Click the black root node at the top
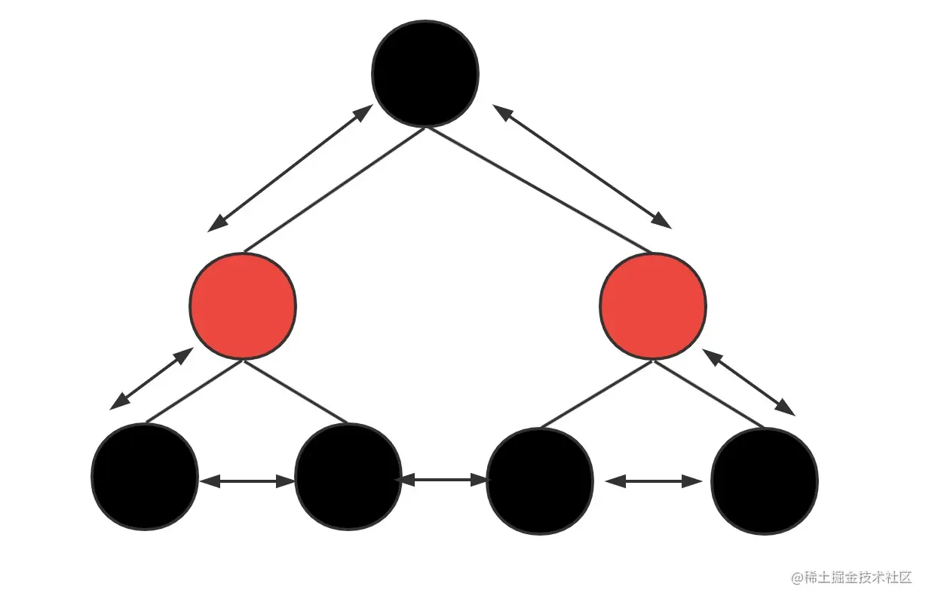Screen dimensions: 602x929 tap(425, 73)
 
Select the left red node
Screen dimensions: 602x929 tap(242, 306)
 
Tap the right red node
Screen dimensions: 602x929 tap(653, 306)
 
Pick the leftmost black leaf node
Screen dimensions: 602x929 tap(144, 477)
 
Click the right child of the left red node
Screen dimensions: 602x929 tap(348, 477)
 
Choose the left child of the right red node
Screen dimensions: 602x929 tap(540, 481)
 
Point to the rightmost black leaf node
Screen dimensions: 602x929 tap(765, 481)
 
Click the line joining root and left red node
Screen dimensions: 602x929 tap(334, 189)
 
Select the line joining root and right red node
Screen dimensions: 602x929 tap(538, 189)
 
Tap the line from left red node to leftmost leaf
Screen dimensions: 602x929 tap(194, 392)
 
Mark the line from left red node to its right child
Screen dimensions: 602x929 tap(295, 392)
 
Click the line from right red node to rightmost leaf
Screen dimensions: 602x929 tap(709, 394)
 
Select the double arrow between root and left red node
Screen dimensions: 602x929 tap(290, 167)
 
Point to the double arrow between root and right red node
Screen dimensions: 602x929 tap(581, 166)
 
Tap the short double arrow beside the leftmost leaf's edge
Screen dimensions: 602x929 tap(151, 379)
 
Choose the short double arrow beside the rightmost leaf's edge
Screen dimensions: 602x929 tap(749, 382)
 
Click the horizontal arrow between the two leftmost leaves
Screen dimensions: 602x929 tap(247, 481)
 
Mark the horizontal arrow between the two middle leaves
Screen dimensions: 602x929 tap(443, 478)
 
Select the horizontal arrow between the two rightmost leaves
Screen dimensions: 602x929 tap(653, 481)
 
